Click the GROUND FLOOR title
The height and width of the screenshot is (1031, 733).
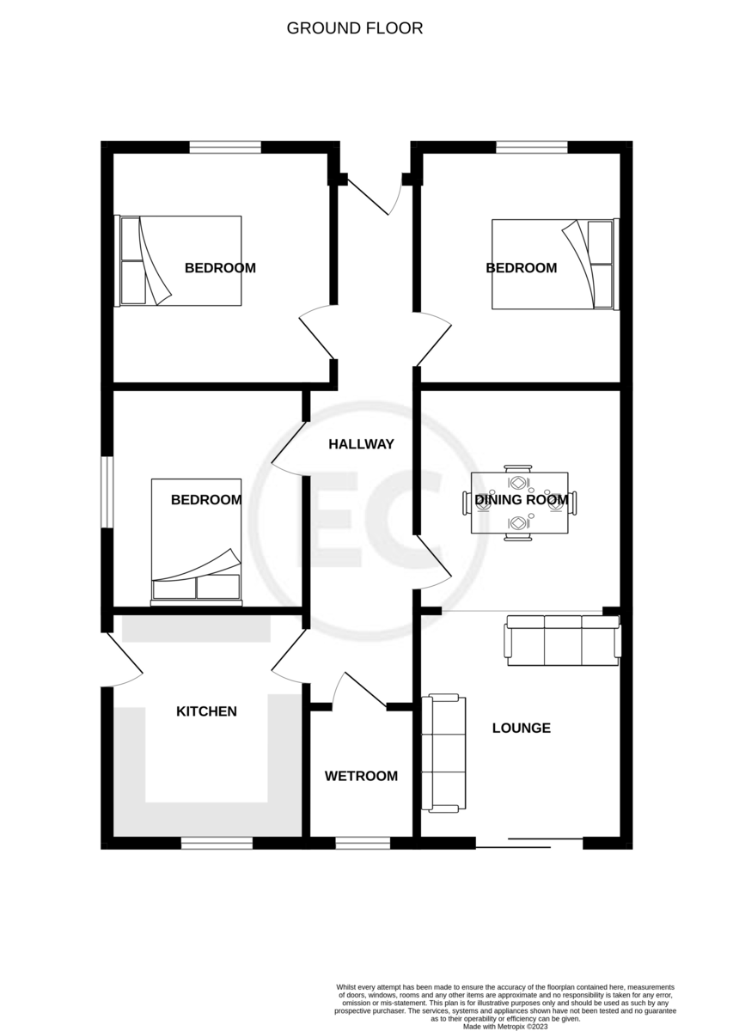click(354, 28)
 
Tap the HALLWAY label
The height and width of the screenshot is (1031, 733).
click(361, 444)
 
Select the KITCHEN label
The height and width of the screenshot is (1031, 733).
click(206, 711)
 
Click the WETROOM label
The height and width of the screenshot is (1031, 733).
click(361, 776)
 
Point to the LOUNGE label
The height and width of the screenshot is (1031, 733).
click(521, 728)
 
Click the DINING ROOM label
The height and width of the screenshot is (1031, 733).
click(521, 499)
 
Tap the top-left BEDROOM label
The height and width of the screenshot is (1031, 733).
click(220, 267)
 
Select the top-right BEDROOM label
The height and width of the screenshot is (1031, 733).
click(521, 267)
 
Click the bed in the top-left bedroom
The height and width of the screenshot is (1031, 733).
click(178, 260)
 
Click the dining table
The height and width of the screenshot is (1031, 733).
click(519, 503)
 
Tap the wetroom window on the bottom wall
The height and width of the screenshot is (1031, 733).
click(361, 844)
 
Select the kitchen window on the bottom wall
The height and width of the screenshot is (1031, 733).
click(217, 844)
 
